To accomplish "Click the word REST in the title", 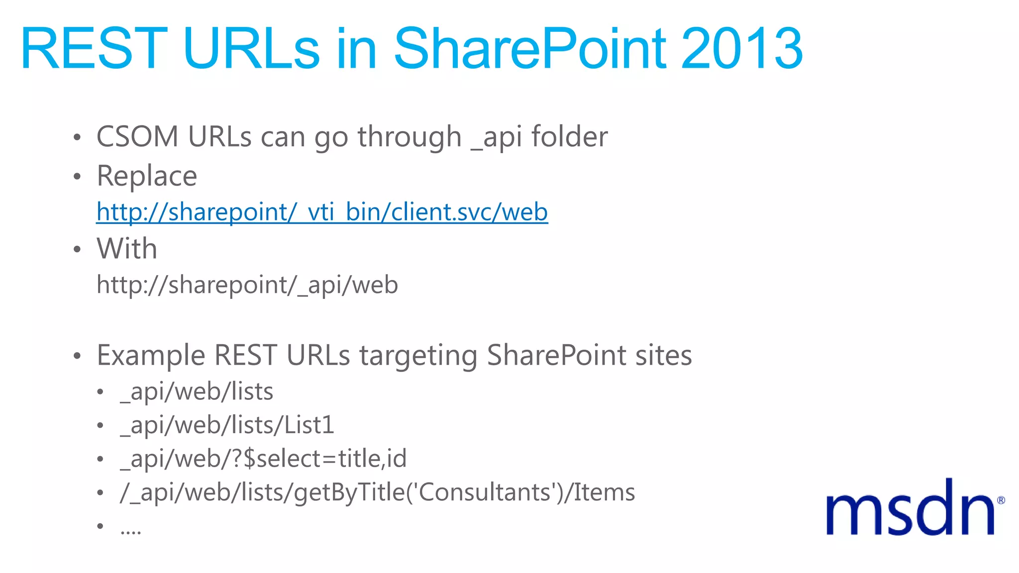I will (94, 49).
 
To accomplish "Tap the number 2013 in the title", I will (741, 49).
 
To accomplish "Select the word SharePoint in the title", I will (529, 49).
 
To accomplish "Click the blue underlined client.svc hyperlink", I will (322, 212).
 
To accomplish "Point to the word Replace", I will (147, 176).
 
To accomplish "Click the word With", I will (127, 248).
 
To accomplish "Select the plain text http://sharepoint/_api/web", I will (247, 285).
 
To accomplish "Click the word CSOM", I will (137, 136).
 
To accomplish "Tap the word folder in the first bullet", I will (569, 136).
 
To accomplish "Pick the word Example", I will (151, 355).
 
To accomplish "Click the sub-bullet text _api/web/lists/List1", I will (227, 425).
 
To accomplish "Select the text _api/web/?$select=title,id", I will (263, 459).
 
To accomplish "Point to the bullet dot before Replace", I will (77, 177).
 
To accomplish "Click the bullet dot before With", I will (77, 249).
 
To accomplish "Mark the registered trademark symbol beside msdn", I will (1001, 500).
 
